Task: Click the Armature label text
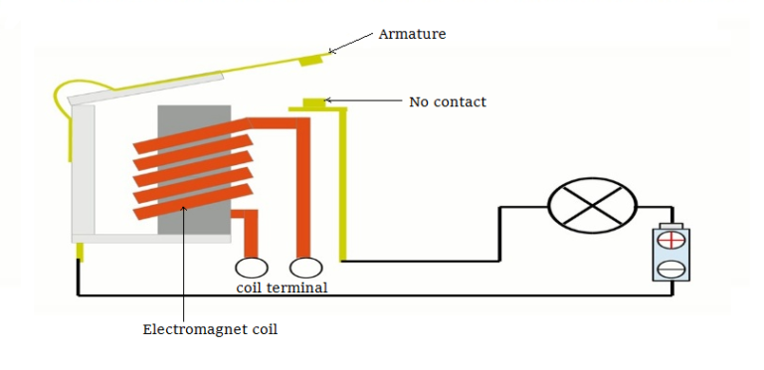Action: [412, 34]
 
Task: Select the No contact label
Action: [448, 101]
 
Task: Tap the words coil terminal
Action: [282, 288]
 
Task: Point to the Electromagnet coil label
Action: [210, 328]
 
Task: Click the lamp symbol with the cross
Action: [593, 206]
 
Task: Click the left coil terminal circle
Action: [251, 267]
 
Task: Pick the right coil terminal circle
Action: [305, 267]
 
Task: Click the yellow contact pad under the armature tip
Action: [312, 62]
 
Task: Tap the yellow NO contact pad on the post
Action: [314, 102]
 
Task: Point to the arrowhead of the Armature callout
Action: [331, 52]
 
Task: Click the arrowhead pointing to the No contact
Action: [329, 100]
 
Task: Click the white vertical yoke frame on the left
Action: [84, 169]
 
